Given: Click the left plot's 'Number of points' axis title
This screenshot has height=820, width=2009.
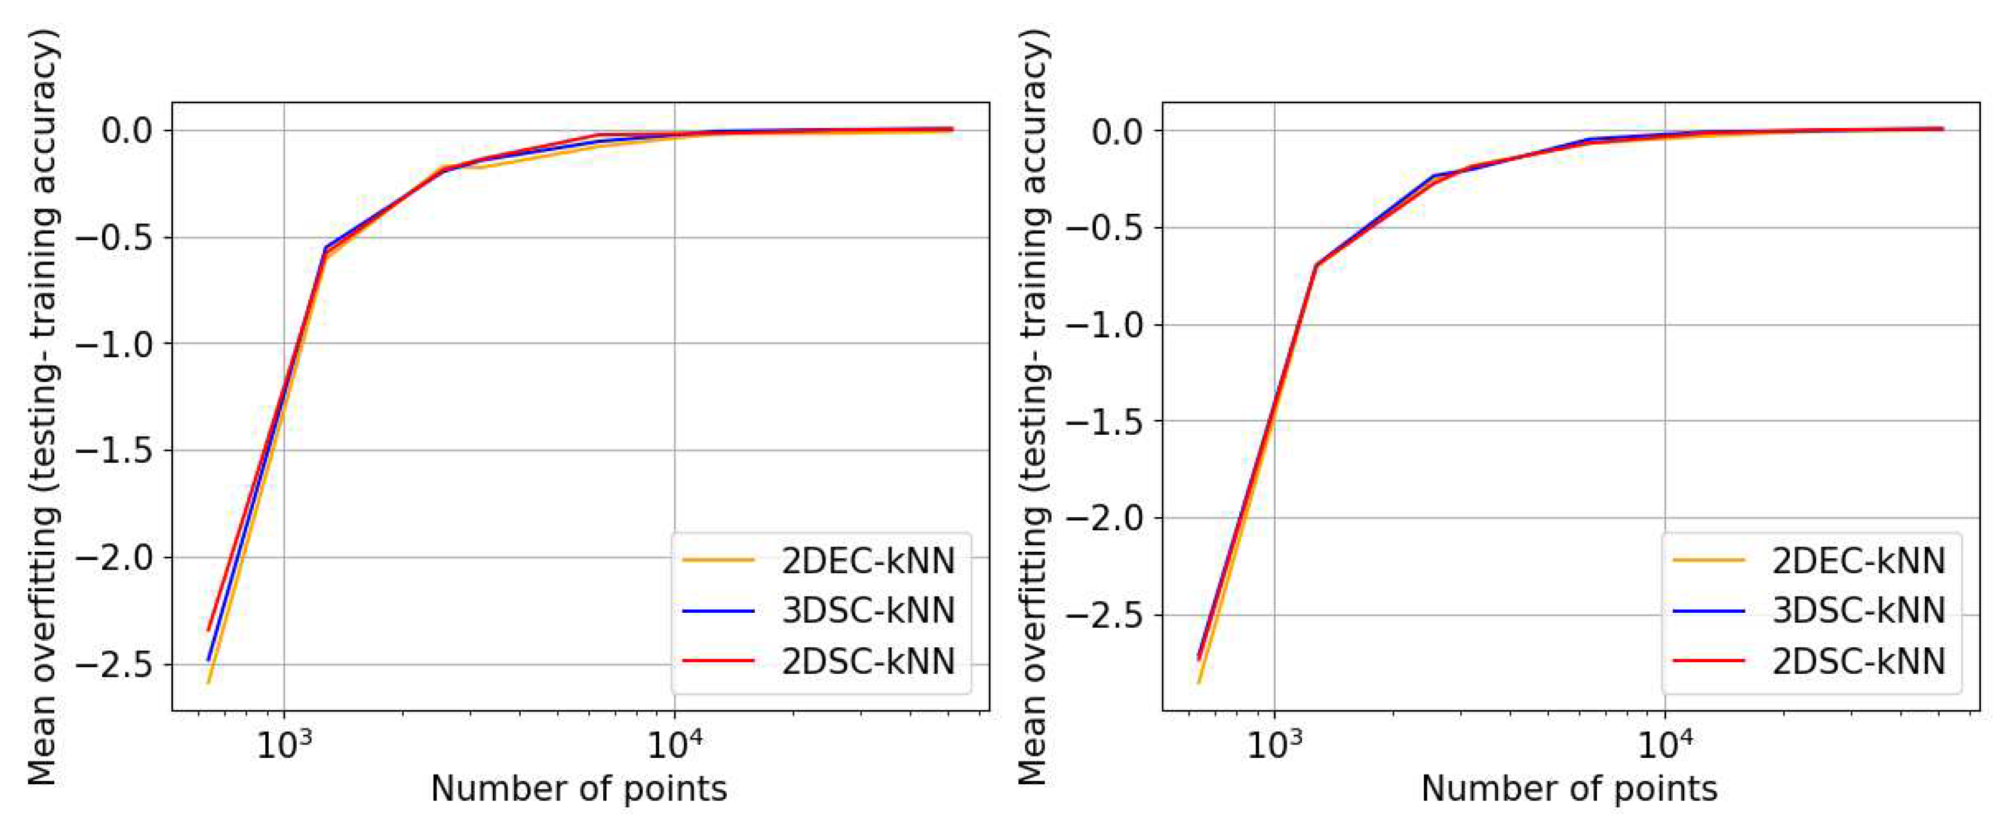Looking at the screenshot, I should (579, 790).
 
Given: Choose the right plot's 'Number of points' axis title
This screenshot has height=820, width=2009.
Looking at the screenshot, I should (1569, 790).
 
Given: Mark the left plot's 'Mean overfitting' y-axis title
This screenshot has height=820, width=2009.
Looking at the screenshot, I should (43, 406).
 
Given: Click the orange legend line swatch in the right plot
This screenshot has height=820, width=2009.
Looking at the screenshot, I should (1708, 560).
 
